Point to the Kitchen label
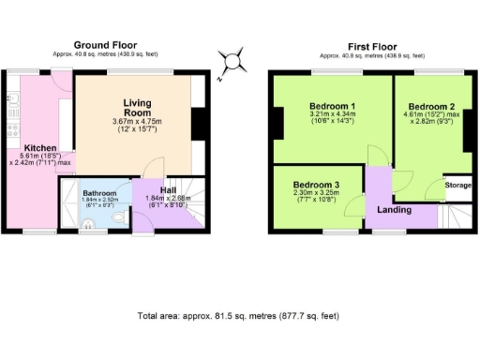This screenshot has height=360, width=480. pyautogui.click(x=40, y=148)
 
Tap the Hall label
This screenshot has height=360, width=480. pyautogui.click(x=168, y=190)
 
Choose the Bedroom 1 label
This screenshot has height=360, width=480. pyautogui.click(x=333, y=106)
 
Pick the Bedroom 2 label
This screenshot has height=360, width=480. pyautogui.click(x=430, y=106)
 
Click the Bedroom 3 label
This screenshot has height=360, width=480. pyautogui.click(x=316, y=185)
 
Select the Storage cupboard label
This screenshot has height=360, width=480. pyautogui.click(x=457, y=185)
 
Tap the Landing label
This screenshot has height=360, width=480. pyautogui.click(x=395, y=209)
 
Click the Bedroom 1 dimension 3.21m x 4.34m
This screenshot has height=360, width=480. pyautogui.click(x=333, y=116)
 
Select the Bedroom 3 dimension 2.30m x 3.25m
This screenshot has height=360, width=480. pyautogui.click(x=316, y=194)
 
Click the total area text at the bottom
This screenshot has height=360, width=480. pyautogui.click(x=239, y=316)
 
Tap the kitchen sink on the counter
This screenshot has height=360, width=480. pyautogui.click(x=12, y=98)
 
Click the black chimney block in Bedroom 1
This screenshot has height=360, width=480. pyautogui.click(x=278, y=122)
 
